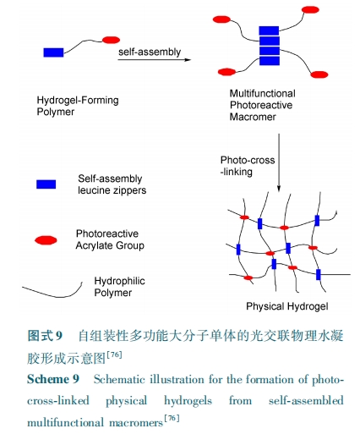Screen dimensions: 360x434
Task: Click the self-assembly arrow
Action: click(x=155, y=60)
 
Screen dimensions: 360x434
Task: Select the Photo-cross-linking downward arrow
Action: click(x=279, y=162)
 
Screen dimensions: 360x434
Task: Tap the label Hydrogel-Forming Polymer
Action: click(x=78, y=106)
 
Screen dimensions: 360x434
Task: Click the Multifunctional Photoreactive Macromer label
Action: click(x=263, y=105)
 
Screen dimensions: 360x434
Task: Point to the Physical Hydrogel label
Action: click(x=287, y=306)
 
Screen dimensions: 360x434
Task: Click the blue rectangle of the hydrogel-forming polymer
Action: click(x=53, y=52)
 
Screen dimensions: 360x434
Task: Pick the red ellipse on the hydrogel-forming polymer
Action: click(x=111, y=40)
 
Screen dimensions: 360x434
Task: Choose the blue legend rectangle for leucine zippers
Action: click(x=46, y=184)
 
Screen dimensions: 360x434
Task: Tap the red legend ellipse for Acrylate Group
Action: click(x=46, y=240)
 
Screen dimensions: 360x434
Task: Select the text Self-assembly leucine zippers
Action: click(x=112, y=184)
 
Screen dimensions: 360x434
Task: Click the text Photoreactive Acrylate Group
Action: click(x=110, y=239)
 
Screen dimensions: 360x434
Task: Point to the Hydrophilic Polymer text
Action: click(x=119, y=287)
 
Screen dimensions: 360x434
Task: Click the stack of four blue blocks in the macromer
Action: click(x=270, y=46)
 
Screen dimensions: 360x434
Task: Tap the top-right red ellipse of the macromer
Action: click(x=310, y=10)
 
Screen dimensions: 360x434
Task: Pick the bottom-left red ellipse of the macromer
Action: click(x=227, y=72)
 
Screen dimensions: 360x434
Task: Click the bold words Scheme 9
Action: click(x=53, y=379)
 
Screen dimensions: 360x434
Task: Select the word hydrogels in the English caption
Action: click(x=188, y=401)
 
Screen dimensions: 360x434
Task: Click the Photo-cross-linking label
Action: click(x=248, y=166)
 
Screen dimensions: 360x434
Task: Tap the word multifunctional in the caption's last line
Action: click(x=65, y=422)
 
